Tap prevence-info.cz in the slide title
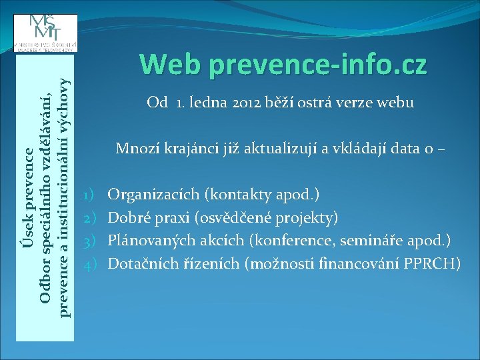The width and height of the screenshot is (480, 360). click(x=317, y=65)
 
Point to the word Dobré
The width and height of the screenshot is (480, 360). click(x=127, y=218)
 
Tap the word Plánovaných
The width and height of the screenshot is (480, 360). click(x=150, y=241)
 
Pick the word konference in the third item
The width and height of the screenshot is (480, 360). click(x=282, y=241)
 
